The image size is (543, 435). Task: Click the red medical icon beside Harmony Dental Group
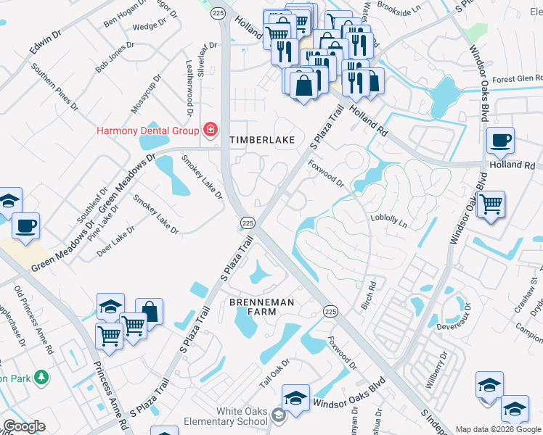pyautogui.click(x=211, y=130)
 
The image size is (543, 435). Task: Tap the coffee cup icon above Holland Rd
pyautogui.click(x=499, y=141)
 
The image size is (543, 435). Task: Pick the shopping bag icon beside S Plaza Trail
pyautogui.click(x=150, y=312)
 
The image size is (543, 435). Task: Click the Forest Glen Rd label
pyautogui.click(x=516, y=79)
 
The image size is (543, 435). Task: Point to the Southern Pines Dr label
pyautogui.click(x=54, y=87)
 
